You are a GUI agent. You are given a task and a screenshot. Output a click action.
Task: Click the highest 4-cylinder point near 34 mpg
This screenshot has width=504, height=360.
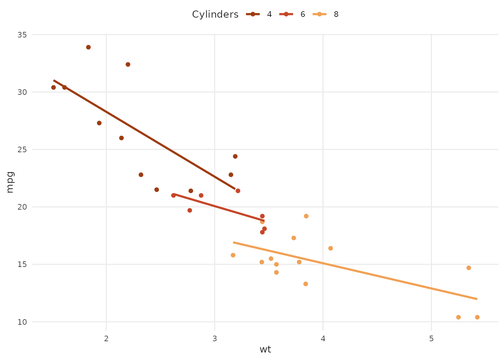pyautogui.click(x=88, y=47)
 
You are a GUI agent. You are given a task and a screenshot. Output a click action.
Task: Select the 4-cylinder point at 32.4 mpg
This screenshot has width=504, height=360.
pyautogui.click(x=128, y=64)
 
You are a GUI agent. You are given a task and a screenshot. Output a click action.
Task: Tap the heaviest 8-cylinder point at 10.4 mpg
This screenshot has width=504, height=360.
pyautogui.click(x=477, y=317)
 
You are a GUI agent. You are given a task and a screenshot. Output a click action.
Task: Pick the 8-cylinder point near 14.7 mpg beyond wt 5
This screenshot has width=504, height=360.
pyautogui.click(x=469, y=268)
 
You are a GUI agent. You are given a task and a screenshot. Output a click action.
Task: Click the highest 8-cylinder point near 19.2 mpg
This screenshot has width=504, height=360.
pyautogui.click(x=306, y=216)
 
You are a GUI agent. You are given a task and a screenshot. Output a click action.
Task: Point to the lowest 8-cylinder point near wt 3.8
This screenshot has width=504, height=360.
pyautogui.click(x=306, y=284)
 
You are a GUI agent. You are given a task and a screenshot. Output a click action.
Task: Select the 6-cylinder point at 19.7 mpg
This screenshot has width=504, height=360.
pyautogui.click(x=190, y=210)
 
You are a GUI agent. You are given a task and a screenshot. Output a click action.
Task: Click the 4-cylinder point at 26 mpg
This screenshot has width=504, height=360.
pyautogui.click(x=121, y=138)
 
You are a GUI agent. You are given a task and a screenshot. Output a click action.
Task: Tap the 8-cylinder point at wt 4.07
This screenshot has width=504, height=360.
pyautogui.click(x=330, y=248)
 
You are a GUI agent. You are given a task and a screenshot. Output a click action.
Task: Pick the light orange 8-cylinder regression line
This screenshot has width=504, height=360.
pyautogui.click(x=356, y=271)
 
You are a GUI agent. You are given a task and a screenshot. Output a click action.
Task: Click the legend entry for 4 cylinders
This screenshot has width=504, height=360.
pyautogui.click(x=259, y=14)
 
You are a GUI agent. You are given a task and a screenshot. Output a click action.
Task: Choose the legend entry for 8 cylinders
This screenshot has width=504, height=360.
pyautogui.click(x=325, y=14)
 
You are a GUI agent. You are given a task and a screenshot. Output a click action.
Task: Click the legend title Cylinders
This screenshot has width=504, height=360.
pyautogui.click(x=215, y=14)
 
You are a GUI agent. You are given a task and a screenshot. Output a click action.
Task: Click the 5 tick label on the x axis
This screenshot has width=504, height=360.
pyautogui.click(x=431, y=339)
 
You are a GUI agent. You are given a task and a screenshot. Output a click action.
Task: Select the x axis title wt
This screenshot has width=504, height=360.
pyautogui.click(x=265, y=350)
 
